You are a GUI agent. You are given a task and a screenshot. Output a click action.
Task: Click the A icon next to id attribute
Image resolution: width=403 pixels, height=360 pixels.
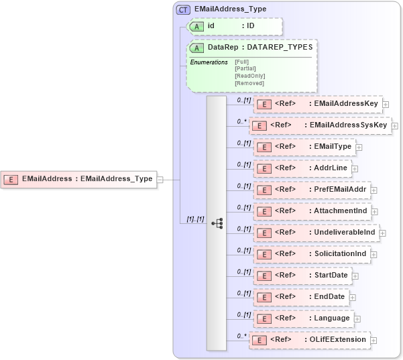tap(197, 26)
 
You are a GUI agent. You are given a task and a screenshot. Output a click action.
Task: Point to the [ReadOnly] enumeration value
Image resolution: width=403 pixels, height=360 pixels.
tap(249, 76)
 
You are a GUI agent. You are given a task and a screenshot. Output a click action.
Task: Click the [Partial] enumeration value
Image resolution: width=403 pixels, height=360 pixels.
tap(245, 68)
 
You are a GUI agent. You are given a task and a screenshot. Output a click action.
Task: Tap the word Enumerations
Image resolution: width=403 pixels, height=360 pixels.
tap(209, 62)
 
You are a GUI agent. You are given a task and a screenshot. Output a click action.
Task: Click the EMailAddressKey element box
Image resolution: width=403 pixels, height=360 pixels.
tap(317, 104)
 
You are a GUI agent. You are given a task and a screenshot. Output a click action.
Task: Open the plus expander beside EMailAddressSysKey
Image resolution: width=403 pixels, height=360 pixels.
tap(395, 125)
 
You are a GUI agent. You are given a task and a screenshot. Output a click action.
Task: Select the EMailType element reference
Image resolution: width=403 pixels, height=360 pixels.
tap(304, 146)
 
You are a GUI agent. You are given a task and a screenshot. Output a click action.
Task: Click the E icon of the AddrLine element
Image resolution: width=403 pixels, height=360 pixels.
tap(264, 168)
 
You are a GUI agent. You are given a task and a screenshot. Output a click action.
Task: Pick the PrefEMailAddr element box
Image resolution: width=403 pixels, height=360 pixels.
tap(311, 190)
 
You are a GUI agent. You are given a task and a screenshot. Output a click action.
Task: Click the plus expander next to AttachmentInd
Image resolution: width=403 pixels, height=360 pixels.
tap(375, 212)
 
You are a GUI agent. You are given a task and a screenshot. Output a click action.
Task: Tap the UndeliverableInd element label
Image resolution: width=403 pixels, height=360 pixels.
tap(345, 233)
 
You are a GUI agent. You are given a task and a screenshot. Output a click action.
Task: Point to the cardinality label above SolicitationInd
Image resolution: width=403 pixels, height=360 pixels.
tap(243, 250)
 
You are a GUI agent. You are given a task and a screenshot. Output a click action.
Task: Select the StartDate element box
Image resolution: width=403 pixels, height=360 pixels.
tap(302, 276)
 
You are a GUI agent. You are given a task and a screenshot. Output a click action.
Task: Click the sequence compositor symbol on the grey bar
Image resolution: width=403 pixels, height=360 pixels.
tap(217, 223)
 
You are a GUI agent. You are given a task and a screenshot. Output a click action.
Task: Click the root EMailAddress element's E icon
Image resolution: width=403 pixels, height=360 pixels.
tap(11, 179)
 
